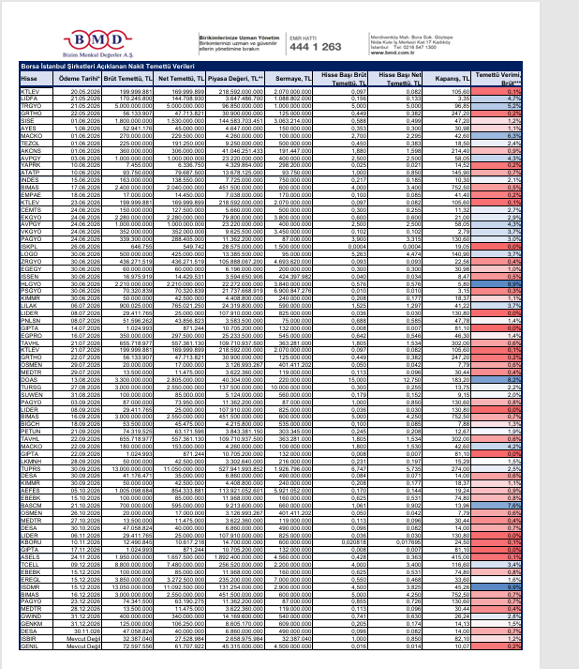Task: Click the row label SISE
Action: pyautogui.click(x=27, y=120)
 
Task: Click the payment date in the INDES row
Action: pyautogui.click(x=73, y=178)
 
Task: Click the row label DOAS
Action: pyautogui.click(x=28, y=380)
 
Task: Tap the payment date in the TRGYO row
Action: pyautogui.click(x=73, y=106)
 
